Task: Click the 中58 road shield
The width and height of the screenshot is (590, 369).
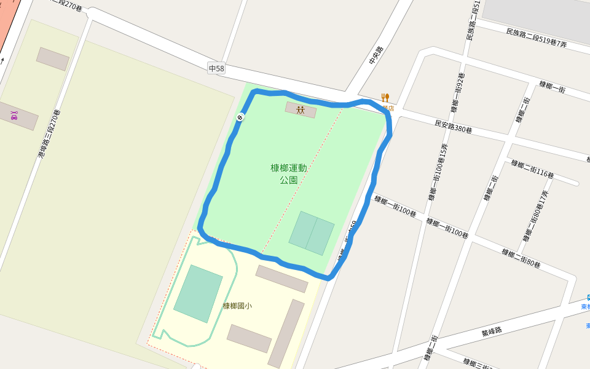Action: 216,69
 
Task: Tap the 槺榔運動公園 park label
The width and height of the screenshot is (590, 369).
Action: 289,174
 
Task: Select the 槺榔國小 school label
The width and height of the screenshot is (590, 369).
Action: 237,306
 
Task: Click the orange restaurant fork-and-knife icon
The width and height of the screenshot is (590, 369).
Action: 385,97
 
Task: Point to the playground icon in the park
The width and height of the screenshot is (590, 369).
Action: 301,110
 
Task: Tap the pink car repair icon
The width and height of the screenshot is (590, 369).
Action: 14,115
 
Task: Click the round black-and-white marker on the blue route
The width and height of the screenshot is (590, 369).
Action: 240,117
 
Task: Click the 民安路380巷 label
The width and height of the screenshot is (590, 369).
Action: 454,127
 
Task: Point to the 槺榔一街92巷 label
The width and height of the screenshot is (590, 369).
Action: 458,93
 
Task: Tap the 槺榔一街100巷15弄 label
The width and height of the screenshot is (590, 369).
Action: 438,172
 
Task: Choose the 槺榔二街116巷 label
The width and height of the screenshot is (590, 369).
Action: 532,170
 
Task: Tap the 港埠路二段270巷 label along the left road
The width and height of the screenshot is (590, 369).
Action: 49,134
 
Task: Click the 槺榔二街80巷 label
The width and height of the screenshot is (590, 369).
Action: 521,258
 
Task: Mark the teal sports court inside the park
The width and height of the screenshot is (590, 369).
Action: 312,233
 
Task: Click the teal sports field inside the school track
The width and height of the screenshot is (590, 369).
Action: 198,293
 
